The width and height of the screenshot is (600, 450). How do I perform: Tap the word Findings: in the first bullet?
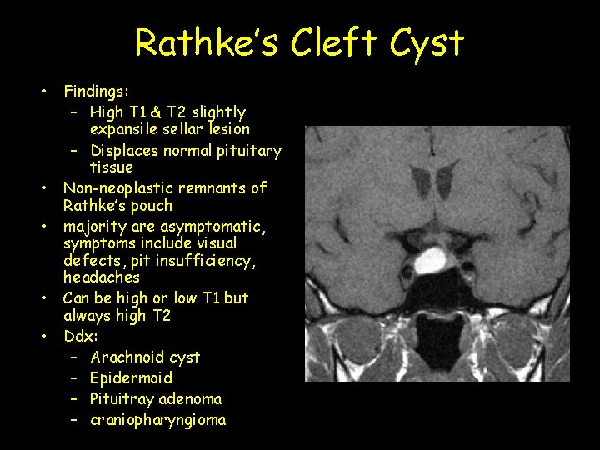point(96,90)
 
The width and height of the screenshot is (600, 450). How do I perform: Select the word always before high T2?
point(87,315)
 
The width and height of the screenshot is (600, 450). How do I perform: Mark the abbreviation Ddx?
point(81,336)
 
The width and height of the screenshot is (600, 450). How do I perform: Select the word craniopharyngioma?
point(158,420)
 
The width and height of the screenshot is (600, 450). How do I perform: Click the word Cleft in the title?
point(333,42)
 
